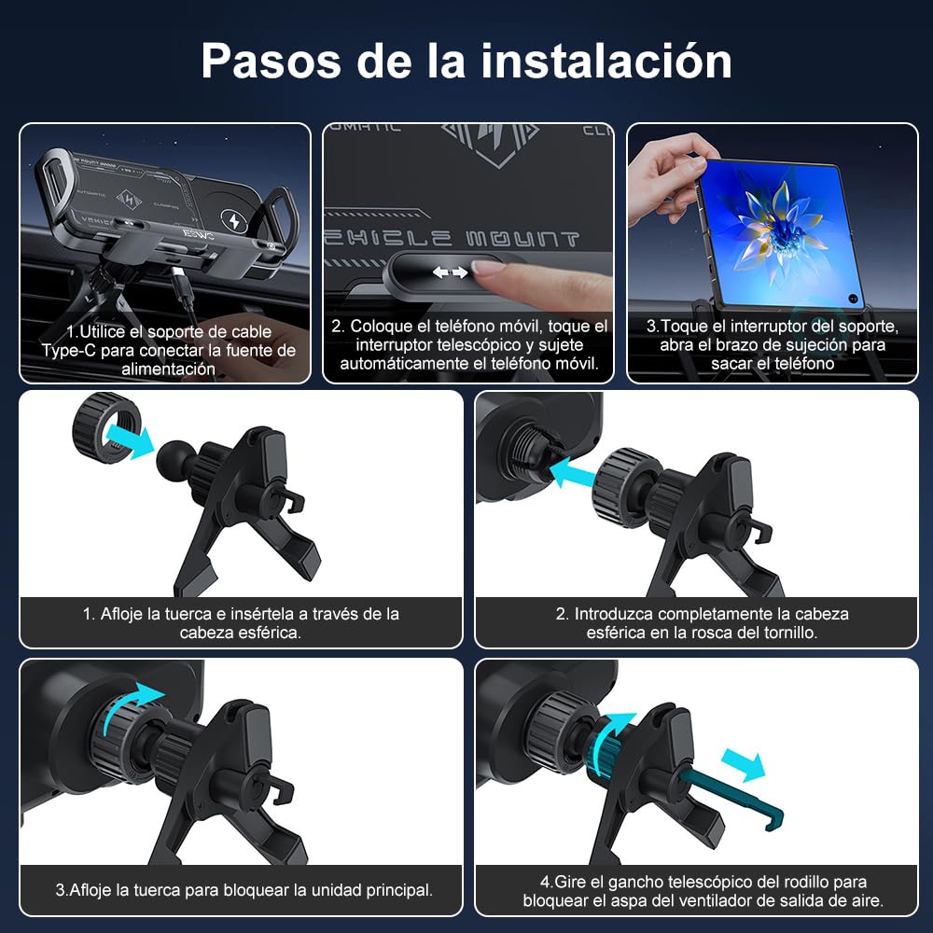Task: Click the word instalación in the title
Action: coord(606,61)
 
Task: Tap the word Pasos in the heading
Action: coord(272,61)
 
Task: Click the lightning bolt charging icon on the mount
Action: coord(234,221)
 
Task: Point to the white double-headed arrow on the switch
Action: coord(450,272)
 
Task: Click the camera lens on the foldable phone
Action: coord(854,299)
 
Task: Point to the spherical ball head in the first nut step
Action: coord(174,457)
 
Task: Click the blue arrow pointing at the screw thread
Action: coord(572,471)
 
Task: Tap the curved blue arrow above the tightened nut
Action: coord(132,705)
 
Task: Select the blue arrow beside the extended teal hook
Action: coord(744,765)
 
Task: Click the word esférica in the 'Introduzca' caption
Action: coord(616,633)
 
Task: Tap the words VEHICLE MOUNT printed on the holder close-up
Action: coord(452,239)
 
